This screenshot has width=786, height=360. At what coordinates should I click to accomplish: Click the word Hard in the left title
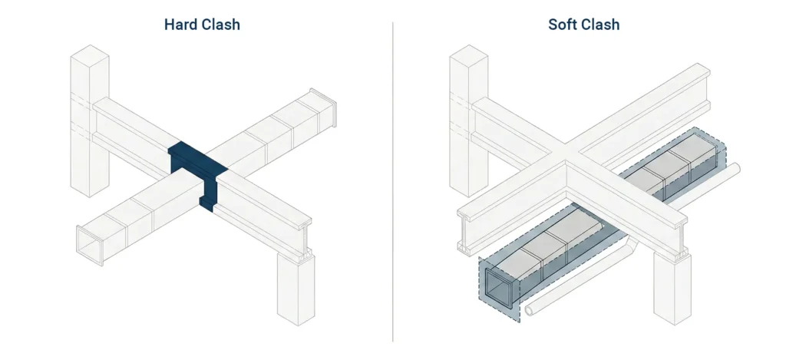[x=181, y=25]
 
